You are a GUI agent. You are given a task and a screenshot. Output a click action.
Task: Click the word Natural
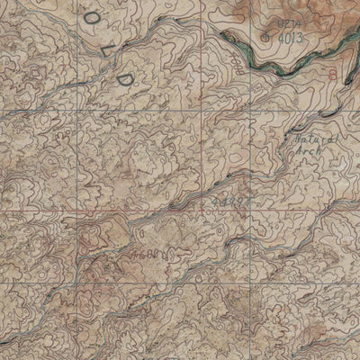coord(317,140)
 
